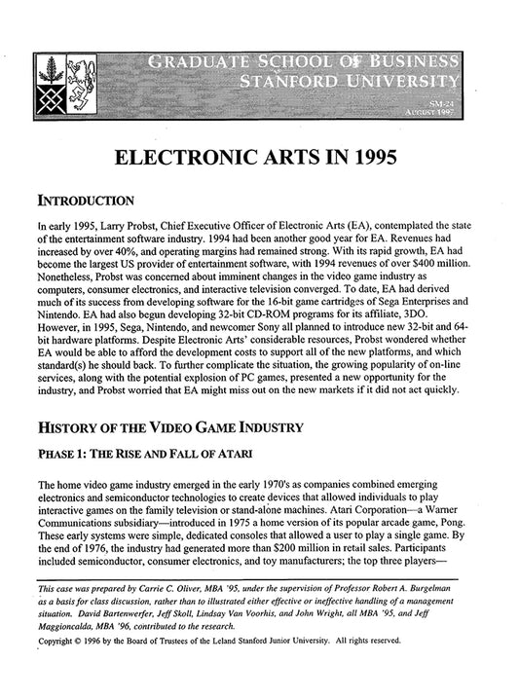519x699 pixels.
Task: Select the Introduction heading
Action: point(84,202)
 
